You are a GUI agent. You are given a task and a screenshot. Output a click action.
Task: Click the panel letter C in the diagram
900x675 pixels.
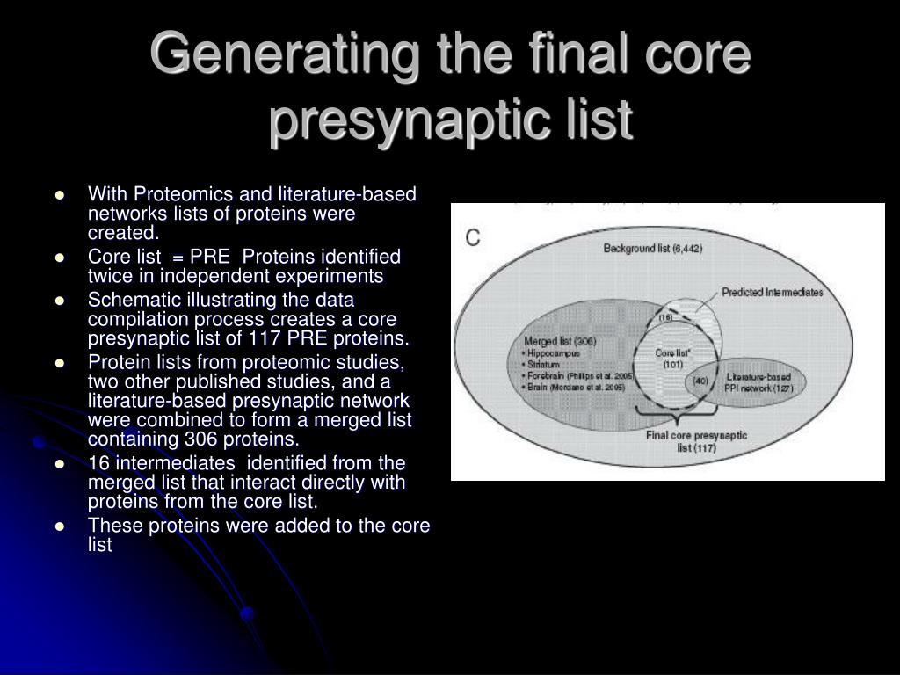point(473,237)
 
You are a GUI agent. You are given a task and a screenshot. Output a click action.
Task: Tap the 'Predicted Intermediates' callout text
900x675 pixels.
point(773,292)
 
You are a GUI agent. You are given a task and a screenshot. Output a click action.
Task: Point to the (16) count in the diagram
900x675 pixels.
point(665,317)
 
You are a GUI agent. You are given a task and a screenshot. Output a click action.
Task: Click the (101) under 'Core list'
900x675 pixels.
point(672,364)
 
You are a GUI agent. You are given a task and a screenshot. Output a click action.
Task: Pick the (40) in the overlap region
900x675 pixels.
point(700,380)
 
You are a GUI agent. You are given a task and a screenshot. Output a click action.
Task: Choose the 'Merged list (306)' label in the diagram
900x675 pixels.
point(560,341)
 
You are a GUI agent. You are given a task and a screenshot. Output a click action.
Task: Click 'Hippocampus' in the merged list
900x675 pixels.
point(555,352)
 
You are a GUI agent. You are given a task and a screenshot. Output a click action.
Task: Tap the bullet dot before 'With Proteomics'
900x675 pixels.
point(60,194)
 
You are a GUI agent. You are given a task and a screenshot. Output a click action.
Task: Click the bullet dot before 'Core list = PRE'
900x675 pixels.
point(60,258)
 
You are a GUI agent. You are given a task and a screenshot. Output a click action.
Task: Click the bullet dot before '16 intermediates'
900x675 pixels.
point(60,462)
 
